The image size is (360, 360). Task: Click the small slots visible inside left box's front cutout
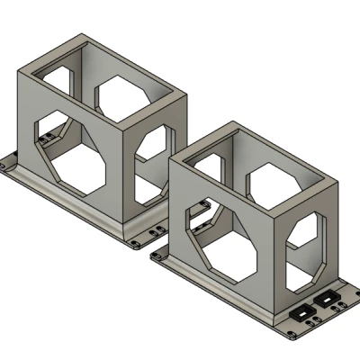pos(45,138)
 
